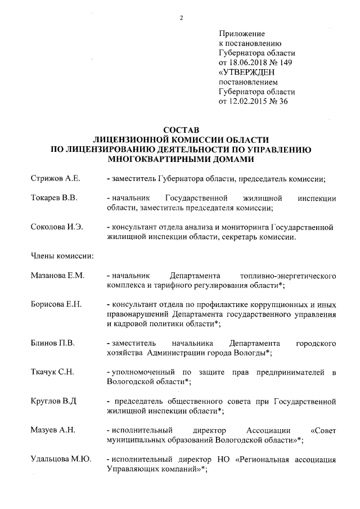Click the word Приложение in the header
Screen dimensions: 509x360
pos(241,34)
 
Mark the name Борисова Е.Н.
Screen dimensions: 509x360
pos(56,304)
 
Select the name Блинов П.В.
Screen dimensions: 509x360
pos(52,343)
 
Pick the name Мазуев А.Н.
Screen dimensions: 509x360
pos(53,430)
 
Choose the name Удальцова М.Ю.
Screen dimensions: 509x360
pos(61,460)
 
